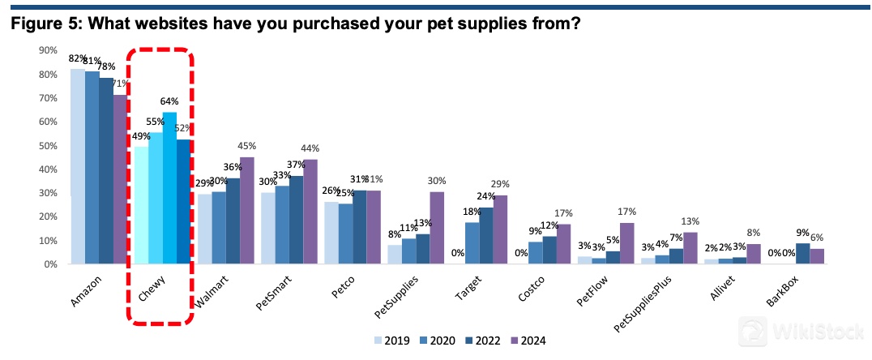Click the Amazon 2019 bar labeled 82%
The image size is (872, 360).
click(77, 166)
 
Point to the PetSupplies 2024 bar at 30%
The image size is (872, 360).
click(437, 228)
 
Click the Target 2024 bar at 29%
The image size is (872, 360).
click(502, 229)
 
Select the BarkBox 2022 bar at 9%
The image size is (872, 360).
click(802, 254)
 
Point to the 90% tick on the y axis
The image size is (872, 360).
click(47, 50)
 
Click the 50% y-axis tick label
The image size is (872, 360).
click(47, 146)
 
